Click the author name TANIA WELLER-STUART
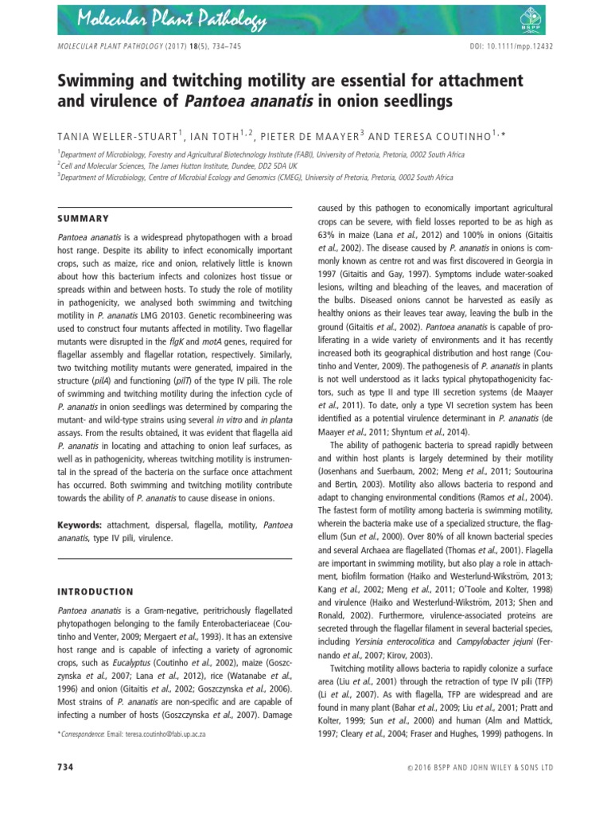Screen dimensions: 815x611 [115, 134]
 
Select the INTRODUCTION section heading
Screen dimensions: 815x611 [95, 591]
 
